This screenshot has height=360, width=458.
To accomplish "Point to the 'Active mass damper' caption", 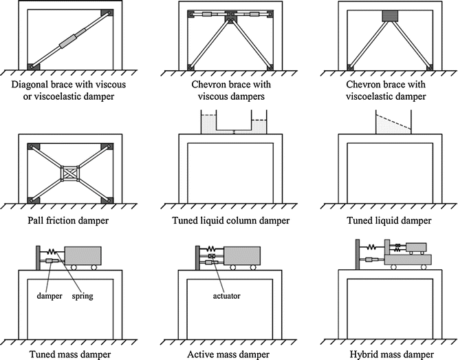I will [x=228, y=353].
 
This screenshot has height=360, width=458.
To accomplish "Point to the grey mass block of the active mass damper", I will [x=244, y=256].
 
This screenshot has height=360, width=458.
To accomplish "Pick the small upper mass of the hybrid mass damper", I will [x=415, y=247].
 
